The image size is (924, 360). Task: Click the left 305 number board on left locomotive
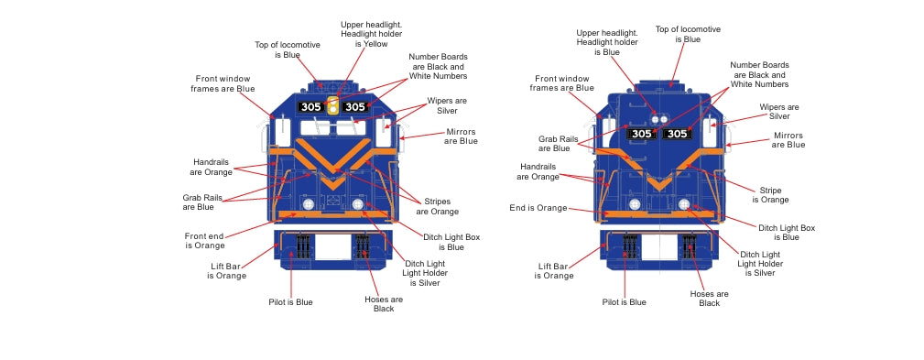coord(310,107)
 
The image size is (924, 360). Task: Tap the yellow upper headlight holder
coord(333,105)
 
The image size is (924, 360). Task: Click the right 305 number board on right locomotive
coord(677,134)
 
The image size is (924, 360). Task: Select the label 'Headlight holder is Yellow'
coord(371,38)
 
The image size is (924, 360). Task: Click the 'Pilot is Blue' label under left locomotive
coord(290,302)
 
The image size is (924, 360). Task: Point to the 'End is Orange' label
coord(538,208)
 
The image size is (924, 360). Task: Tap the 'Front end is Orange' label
coord(204,240)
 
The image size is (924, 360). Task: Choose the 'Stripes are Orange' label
coord(437,207)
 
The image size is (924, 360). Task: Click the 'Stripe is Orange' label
coord(770,195)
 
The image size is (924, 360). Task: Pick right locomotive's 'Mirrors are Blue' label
coord(788,140)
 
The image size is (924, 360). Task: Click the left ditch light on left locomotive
coord(308,204)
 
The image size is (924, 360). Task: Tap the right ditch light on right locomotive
coord(683,204)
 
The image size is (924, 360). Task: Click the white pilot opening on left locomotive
coord(333,247)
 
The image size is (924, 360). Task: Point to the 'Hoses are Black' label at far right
coord(710,298)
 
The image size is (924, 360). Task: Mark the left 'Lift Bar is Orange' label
coord(226,271)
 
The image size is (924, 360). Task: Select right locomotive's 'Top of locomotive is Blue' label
coord(688,34)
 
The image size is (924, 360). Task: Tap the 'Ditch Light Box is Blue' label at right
coord(787,232)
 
